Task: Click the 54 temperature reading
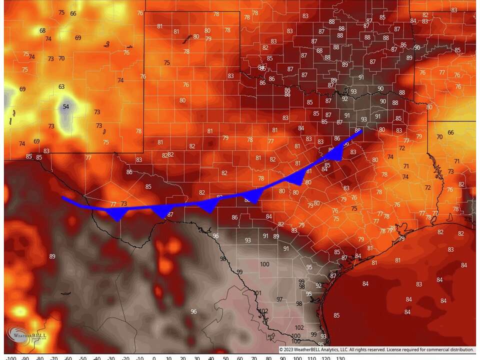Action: coord(65,106)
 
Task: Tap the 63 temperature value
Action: coord(61,86)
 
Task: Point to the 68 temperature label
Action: coord(42,30)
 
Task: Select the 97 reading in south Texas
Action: coord(279,299)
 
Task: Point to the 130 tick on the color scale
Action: coord(340,358)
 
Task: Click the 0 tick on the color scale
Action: coord(154,358)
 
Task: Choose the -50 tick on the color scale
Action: coord(82,358)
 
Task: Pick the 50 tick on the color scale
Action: coord(226,358)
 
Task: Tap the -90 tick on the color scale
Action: coord(25,358)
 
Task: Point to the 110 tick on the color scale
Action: coord(312,358)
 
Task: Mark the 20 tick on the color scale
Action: coord(183,358)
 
